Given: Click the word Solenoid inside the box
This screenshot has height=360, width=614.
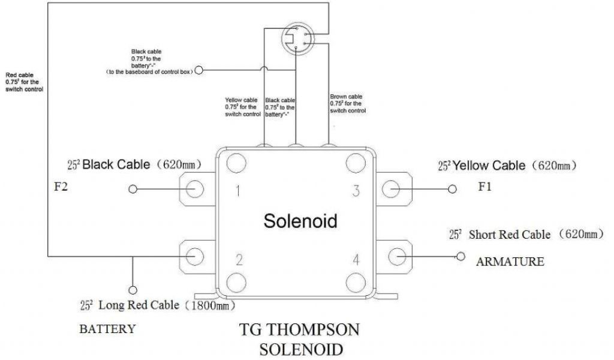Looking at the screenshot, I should point(300,221).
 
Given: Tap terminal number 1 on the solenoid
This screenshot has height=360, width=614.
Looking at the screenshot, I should point(238,191).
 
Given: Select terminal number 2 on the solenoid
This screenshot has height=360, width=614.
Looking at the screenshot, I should point(239,260).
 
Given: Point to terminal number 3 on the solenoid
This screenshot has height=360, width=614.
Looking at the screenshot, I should point(356,191).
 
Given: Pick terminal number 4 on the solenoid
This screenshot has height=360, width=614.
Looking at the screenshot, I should point(356,260).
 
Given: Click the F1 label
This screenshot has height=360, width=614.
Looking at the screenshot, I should point(484,187).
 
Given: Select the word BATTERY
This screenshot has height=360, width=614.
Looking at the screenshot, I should point(107,329).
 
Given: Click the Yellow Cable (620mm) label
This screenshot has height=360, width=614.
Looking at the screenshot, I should point(507,165).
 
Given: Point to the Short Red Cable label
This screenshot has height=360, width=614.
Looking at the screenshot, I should point(525,235).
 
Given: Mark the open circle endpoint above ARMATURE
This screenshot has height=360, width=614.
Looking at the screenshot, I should point(460,256).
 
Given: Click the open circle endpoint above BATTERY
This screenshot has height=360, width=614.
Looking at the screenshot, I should point(133,289).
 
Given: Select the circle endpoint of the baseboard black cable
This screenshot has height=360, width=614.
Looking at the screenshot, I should point(199,70).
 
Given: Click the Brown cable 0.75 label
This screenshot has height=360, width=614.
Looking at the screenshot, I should point(347,103).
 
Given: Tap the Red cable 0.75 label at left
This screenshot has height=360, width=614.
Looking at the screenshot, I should point(24,81).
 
